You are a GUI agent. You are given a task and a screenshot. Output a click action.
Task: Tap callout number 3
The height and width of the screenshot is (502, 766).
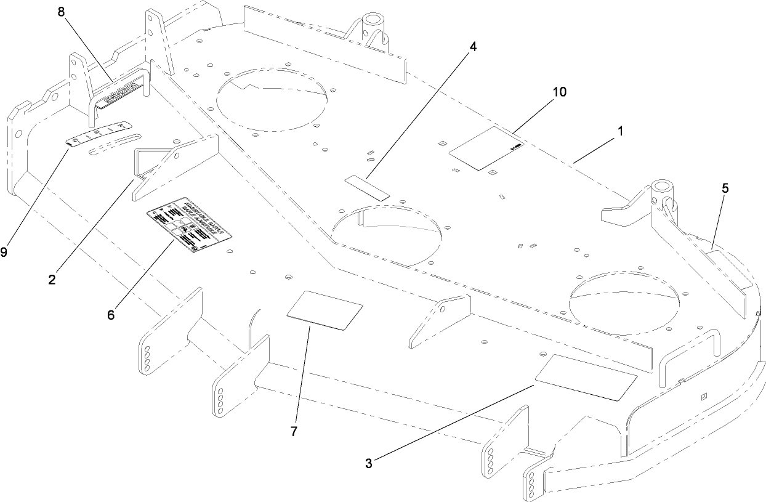pos(368,464)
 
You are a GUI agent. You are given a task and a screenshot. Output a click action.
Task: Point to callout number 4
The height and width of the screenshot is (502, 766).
pos(472,47)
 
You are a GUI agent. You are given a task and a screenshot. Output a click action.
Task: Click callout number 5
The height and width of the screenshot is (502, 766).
pos(725,189)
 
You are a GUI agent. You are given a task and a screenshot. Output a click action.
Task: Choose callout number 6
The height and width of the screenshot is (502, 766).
pos(111,315)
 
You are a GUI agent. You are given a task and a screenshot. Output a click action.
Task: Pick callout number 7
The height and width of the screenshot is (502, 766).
pos(294,432)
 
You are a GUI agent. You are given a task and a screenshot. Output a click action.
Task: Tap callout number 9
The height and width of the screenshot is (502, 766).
pos(4,253)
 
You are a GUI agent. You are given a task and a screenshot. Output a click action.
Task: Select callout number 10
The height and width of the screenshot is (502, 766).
pos(559,92)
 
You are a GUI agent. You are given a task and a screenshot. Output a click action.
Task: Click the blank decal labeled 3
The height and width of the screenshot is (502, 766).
pos(586,378)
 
